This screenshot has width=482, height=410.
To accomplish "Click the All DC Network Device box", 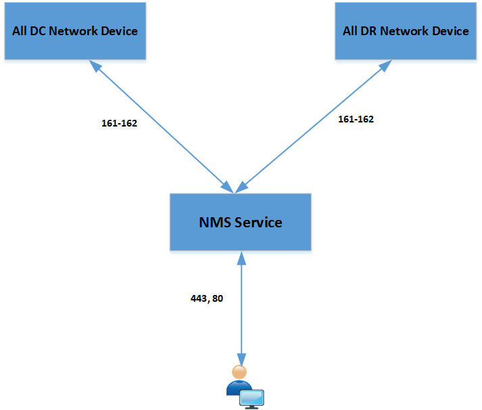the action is pyautogui.click(x=75, y=31).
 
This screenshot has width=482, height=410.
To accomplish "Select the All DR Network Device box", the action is pyautogui.click(x=406, y=31).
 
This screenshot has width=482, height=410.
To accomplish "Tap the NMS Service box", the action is pyautogui.click(x=241, y=222).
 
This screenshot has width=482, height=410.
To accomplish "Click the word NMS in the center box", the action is pyautogui.click(x=215, y=223).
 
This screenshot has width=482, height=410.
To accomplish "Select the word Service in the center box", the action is pyautogui.click(x=258, y=223).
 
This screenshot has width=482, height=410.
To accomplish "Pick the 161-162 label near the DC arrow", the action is pyautogui.click(x=119, y=123).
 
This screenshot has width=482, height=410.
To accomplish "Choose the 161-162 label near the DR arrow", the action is pyautogui.click(x=356, y=119).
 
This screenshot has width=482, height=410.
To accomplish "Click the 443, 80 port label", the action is pyautogui.click(x=207, y=298).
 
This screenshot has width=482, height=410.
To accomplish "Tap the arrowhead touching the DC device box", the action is pyautogui.click(x=95, y=66).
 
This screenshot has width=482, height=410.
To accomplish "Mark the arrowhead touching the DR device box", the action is pyautogui.click(x=385, y=66).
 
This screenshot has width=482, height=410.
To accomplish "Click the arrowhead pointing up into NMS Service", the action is pyautogui.click(x=241, y=258).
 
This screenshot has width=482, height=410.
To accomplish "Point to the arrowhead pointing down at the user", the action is pyautogui.click(x=241, y=359).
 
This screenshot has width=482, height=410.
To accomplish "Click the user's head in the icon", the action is pyautogui.click(x=239, y=372).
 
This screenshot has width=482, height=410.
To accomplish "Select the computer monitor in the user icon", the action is pyautogui.click(x=251, y=399).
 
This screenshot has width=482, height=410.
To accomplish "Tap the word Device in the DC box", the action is pyautogui.click(x=119, y=31).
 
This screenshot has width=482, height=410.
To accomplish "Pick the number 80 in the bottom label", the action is pyautogui.click(x=218, y=298).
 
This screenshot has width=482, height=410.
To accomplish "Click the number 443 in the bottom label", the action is pyautogui.click(x=199, y=298).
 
